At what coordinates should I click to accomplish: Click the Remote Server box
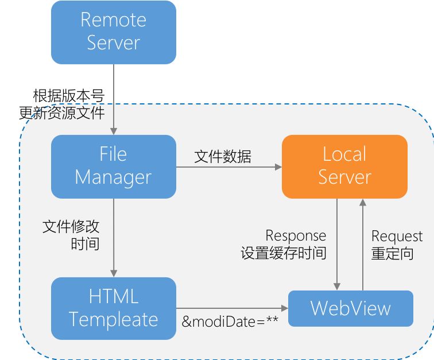tap(114, 32)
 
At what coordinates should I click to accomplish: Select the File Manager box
tap(114, 167)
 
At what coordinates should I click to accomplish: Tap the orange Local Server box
tap(344, 167)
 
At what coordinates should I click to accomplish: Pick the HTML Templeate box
tap(114, 308)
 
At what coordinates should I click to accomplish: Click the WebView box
tap(351, 308)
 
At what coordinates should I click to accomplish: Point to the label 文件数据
tap(223, 157)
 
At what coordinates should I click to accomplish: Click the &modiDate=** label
tap(230, 321)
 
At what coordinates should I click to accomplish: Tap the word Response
tap(296, 235)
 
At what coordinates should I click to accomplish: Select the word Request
tap(397, 236)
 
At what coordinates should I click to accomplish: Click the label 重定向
tap(393, 253)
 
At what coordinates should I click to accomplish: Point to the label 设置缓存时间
tap(284, 253)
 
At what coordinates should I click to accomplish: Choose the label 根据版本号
tap(69, 96)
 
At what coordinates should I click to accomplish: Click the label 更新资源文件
tap(62, 113)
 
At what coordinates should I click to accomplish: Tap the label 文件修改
tap(71, 227)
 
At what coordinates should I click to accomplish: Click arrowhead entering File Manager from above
tap(114, 131)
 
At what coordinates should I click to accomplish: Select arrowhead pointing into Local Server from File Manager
tap(278, 167)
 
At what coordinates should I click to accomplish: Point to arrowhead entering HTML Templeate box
tap(114, 273)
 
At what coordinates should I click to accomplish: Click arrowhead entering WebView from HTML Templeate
tap(285, 308)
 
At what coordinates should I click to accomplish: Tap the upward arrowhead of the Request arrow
tap(363, 203)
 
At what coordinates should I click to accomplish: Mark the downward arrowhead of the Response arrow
tap(337, 287)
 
